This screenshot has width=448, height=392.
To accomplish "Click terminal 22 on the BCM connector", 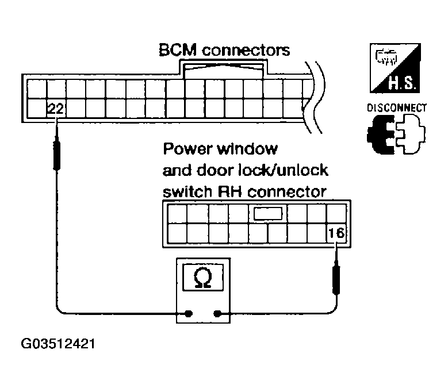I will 55,108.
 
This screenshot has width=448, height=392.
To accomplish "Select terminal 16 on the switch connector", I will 335,233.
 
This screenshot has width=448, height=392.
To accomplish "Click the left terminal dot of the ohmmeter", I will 188,314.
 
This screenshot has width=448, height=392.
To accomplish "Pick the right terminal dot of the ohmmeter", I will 217,314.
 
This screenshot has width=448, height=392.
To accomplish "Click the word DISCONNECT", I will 396,107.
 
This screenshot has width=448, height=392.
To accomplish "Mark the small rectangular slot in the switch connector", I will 268,214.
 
